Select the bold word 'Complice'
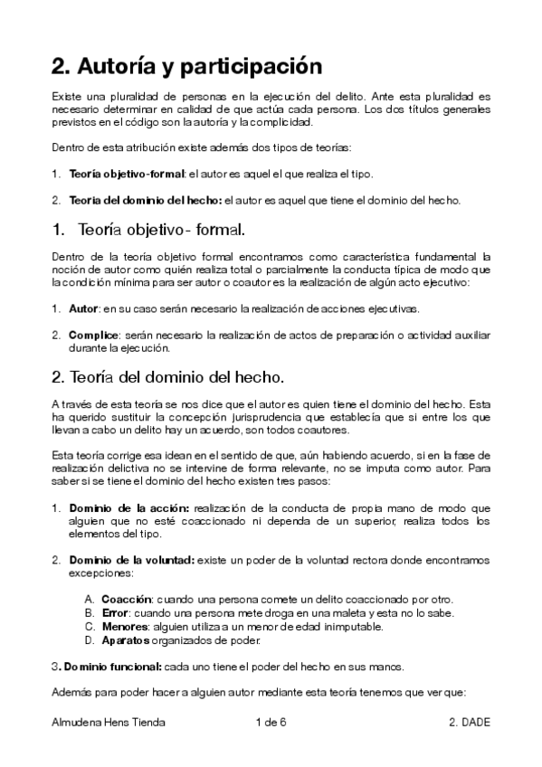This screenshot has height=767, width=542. coord(93,336)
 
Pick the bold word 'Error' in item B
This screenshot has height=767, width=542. coord(116,613)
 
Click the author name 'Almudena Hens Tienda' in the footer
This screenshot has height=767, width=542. coord(107,723)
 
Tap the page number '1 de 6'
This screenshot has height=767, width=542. coord(271,723)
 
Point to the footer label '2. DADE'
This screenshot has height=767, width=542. coord(468,723)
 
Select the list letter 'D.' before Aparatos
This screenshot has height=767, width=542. coord(90,640)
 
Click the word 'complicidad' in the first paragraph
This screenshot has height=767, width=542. coord(280,122)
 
